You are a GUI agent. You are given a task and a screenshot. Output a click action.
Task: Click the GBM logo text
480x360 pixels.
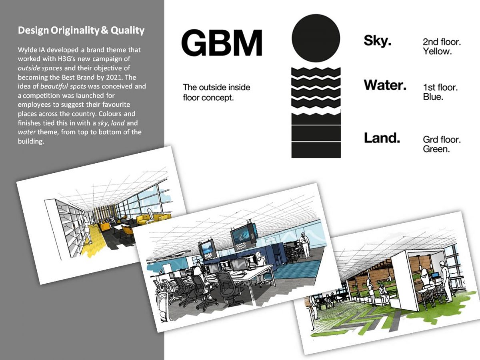(222, 43)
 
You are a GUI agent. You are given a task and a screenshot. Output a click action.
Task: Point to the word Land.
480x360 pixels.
(382, 138)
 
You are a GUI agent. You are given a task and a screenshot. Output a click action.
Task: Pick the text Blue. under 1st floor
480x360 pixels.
(433, 96)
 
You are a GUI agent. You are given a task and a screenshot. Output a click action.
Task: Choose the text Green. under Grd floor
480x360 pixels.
(436, 149)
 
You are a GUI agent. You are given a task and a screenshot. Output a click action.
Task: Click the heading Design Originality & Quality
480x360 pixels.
(81, 30)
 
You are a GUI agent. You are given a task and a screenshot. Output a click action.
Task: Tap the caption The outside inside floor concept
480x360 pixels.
(216, 92)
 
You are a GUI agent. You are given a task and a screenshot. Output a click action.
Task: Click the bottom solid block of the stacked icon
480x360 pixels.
(316, 150)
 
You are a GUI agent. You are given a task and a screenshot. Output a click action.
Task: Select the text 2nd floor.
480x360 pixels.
(442, 42)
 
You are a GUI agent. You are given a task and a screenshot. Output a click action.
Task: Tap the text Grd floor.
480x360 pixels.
(442, 140)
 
